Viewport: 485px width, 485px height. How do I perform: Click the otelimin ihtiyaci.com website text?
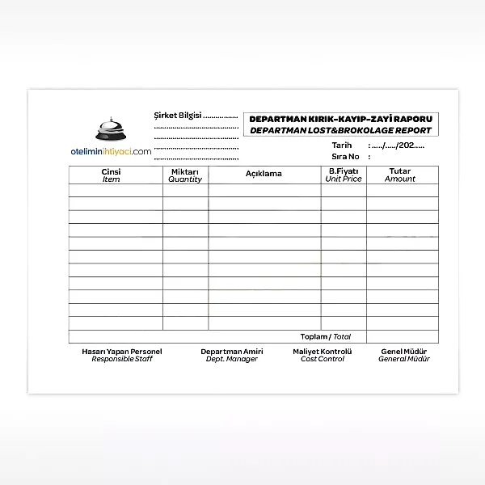pos(111,151)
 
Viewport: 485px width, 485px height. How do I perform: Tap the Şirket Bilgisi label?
pos(177,116)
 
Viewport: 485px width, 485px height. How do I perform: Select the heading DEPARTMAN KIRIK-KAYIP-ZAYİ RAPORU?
pos(341,119)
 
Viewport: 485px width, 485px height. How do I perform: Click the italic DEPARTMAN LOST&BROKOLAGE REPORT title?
pos(341,130)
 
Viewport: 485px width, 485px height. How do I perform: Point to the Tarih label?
pos(342,145)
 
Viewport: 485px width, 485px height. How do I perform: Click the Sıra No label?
pos(344,157)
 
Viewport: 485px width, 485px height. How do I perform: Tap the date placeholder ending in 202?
pos(397,145)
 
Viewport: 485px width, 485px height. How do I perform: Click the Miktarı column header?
pos(185,171)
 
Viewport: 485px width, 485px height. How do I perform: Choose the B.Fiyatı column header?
pos(344,171)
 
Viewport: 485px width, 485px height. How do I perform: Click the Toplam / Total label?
pos(326,336)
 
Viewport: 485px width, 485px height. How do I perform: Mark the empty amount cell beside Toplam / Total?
pos(402,336)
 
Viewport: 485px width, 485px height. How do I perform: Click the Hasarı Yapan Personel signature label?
pos(122,352)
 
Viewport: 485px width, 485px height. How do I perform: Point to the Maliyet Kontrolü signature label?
pos(323,352)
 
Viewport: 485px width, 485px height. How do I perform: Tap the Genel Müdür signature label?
pos(404,352)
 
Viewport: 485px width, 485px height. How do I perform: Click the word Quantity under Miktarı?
pos(185,179)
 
